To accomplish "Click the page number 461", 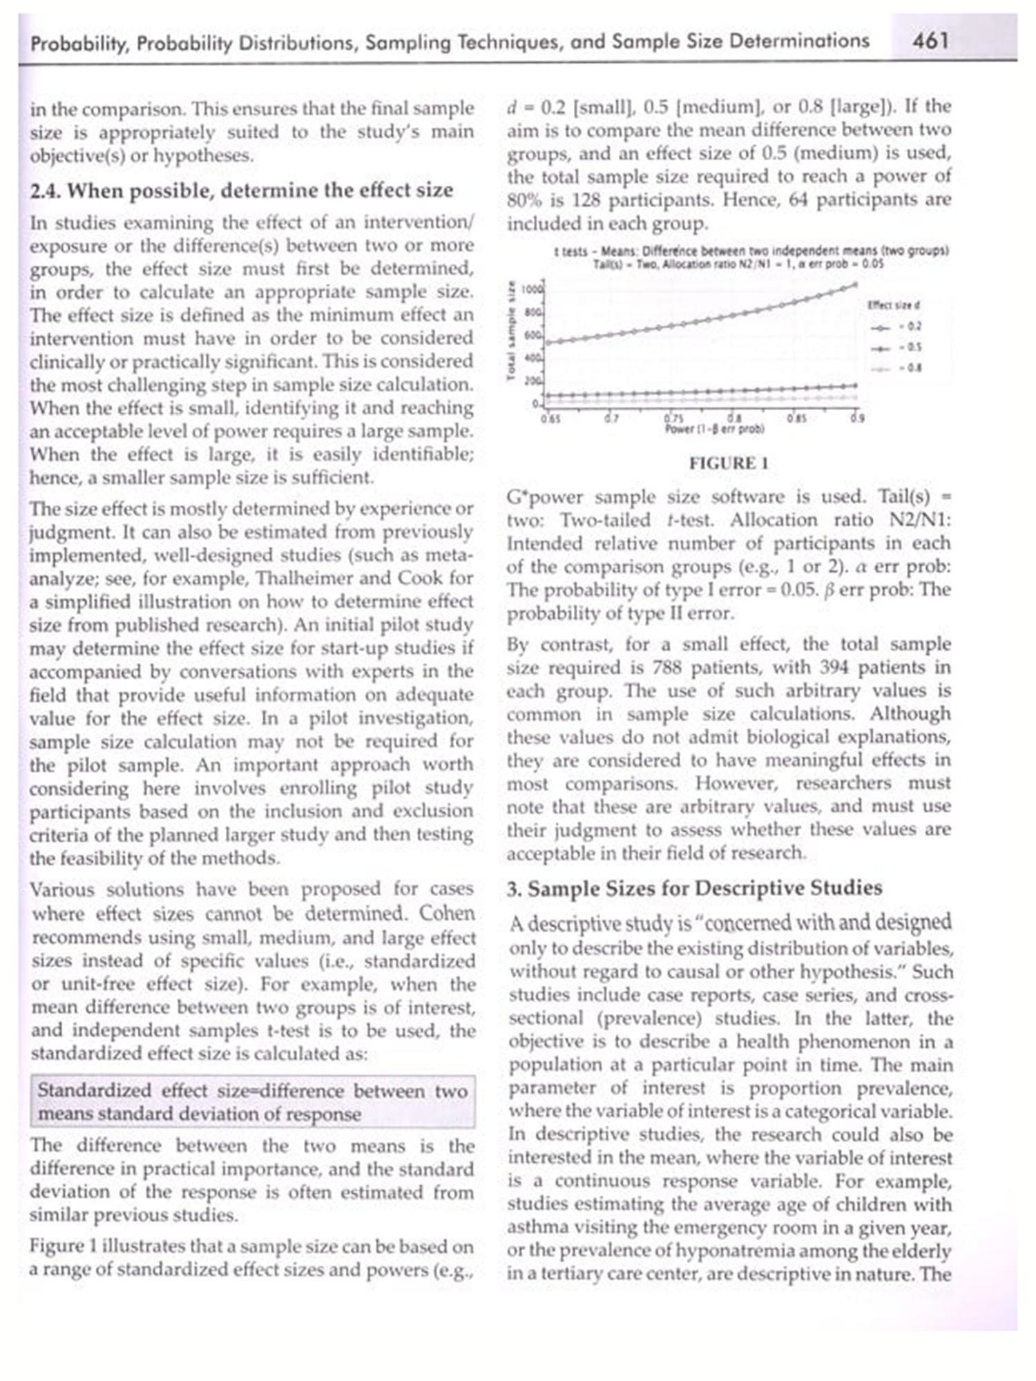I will point(930,41).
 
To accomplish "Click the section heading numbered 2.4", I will point(242,190).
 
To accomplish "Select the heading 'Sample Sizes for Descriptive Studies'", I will point(694,888).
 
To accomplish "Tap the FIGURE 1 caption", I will point(729,463).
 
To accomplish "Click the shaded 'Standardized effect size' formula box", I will point(253,1102).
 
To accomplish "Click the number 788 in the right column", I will point(667,668).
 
